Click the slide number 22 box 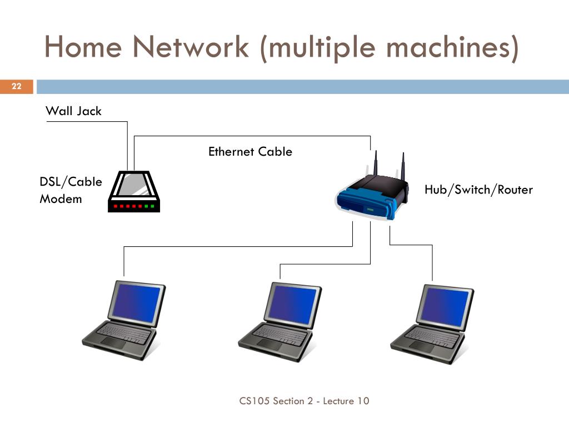(x=16, y=86)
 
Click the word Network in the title (x=191, y=47)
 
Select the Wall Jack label (x=74, y=111)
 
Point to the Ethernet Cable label (x=250, y=151)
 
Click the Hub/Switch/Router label (x=478, y=190)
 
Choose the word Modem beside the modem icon (x=61, y=199)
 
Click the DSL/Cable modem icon (x=134, y=191)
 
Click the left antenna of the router (x=376, y=163)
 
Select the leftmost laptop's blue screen (x=137, y=302)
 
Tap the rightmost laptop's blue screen (x=445, y=306)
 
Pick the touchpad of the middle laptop (x=268, y=345)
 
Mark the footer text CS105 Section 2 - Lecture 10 (x=304, y=401)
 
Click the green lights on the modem (x=149, y=206)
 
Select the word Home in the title (x=83, y=47)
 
